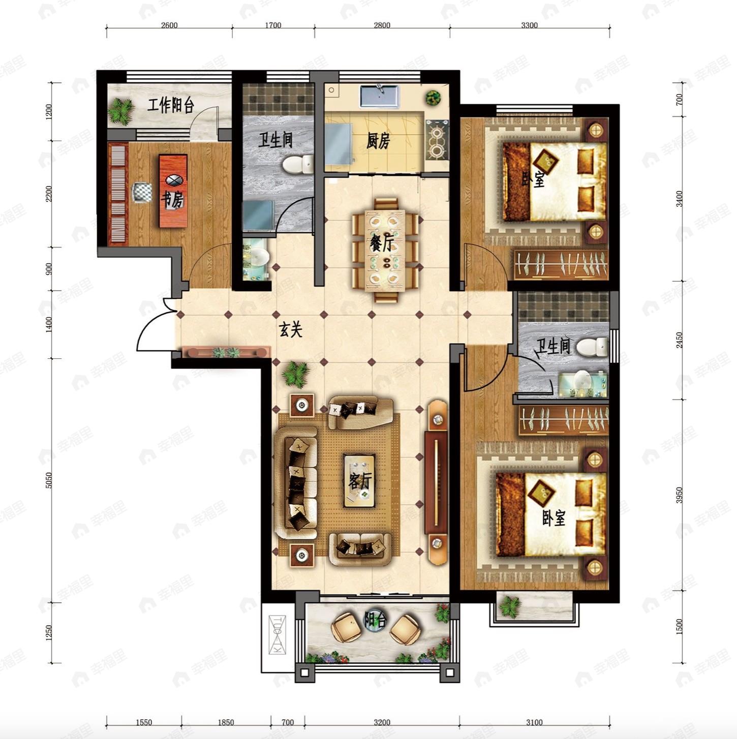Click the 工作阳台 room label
tap(171, 105)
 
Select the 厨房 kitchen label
tap(378, 142)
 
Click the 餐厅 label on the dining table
tap(382, 243)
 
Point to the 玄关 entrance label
tap(291, 329)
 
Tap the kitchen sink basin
tap(379, 97)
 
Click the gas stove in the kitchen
tap(437, 140)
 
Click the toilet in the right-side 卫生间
tap(592, 347)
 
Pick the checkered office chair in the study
tap(142, 192)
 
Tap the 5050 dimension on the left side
tap(48, 480)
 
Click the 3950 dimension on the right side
tap(680, 495)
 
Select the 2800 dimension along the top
tap(382, 25)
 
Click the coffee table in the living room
tap(359, 480)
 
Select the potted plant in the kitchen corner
tap(433, 98)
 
